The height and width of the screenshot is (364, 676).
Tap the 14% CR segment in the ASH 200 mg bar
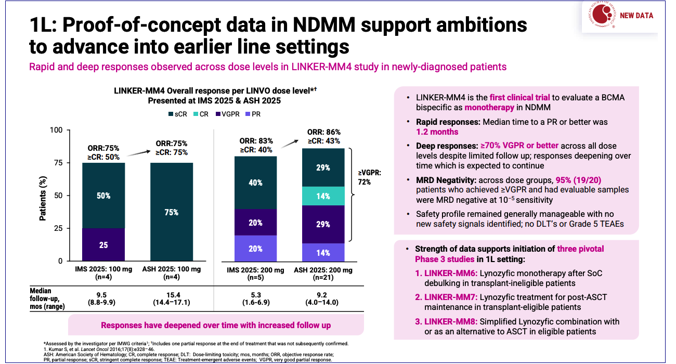pos(323,196)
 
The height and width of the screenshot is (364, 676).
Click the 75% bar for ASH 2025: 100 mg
pos(172,212)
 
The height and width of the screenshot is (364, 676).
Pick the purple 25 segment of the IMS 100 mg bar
pos(103,244)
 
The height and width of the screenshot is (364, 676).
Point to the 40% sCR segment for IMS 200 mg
pos(255,183)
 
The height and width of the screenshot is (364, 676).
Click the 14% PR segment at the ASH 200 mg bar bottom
pos(323,253)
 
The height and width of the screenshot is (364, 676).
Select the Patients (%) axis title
pos(44,196)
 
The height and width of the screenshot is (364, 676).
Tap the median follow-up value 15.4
pos(172,295)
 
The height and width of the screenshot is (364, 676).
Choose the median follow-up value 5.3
pos(255,295)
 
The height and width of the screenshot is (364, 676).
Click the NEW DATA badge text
pos(636,16)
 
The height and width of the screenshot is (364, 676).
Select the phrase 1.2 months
pos(437,132)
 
